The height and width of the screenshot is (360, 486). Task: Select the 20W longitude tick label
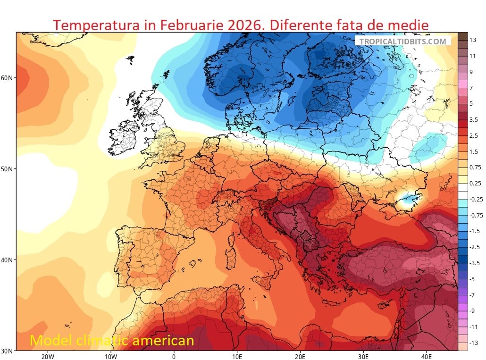47,357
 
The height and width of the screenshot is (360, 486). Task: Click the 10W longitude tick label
110,357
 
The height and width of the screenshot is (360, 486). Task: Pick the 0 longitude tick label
174,357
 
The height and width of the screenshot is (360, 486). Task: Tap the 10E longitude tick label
237,357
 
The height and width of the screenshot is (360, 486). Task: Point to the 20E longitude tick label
300,357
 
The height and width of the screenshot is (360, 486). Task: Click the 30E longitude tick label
363,357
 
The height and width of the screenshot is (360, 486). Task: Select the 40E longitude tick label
427,357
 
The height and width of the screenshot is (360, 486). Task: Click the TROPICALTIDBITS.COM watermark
402,41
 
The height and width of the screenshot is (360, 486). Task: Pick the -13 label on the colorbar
474,343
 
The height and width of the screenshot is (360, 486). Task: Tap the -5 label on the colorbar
474,279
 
